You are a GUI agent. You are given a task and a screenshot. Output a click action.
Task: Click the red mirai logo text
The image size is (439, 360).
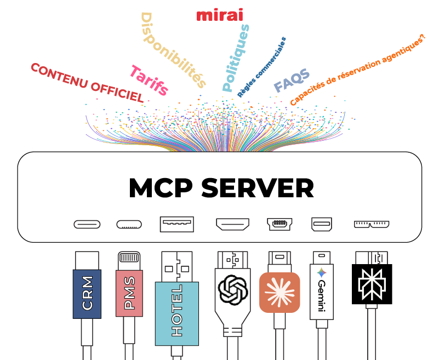coord(219,15)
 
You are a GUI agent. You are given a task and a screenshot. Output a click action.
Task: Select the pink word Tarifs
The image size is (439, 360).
coord(149,80)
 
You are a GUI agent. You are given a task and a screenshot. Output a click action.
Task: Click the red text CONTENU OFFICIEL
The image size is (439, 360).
coord(87,83)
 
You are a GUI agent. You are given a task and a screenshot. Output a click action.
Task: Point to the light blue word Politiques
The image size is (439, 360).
coord(236,58)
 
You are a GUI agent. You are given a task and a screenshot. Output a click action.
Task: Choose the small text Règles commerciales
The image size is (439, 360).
coord(261,67)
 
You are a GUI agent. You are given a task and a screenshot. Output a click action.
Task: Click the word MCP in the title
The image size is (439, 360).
coord(160,188)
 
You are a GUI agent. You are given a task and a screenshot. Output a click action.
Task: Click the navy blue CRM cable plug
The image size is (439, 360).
coord(87,293)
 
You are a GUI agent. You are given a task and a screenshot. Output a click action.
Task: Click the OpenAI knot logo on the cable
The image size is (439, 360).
coord(233,291)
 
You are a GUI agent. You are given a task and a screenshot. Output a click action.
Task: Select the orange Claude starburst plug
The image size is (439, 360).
coord(280,292)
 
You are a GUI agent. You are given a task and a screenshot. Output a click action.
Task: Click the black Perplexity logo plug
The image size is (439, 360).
coord(372,284)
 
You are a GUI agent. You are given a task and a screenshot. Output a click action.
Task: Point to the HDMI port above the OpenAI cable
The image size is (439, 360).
coord(232,224)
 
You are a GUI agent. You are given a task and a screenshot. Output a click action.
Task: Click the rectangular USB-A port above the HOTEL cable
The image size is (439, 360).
coord(177,224)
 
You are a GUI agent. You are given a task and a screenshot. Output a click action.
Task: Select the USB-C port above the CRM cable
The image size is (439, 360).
coord(87,224)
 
